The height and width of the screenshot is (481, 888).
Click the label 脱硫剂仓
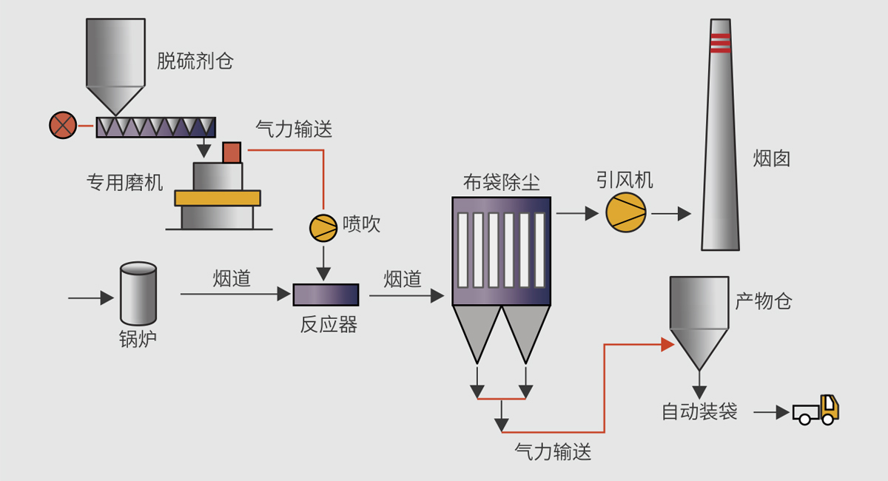195,61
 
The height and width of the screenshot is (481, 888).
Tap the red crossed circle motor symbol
62,125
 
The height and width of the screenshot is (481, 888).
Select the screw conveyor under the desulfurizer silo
155,127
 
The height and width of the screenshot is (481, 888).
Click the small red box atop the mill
232,152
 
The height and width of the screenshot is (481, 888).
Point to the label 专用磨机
124,182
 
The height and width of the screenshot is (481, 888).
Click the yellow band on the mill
218,198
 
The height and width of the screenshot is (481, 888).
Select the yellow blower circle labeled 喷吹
323,226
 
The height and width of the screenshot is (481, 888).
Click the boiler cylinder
138,294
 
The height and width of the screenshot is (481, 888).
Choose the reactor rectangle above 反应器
326,295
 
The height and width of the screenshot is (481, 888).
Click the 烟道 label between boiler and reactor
232,277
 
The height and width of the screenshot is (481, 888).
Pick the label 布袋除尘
501,182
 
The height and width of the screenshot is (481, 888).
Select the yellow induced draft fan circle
625,213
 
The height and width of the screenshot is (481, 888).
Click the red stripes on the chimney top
720,43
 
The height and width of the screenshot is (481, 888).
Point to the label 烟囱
772,158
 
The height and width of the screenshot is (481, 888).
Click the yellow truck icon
816,410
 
